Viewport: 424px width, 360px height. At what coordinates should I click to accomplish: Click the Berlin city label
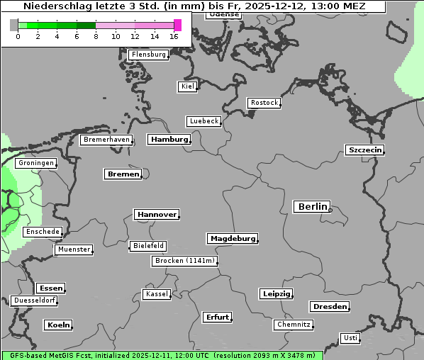click(x=312, y=207)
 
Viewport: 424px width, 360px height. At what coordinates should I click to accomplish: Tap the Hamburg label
click(x=169, y=140)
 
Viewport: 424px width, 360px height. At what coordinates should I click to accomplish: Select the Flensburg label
click(x=149, y=55)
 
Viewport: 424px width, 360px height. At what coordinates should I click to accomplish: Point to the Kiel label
click(x=187, y=86)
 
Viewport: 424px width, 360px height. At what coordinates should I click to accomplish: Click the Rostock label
click(x=264, y=103)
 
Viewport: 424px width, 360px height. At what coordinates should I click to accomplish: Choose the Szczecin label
click(x=364, y=150)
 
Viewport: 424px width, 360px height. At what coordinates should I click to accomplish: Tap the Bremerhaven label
click(x=106, y=140)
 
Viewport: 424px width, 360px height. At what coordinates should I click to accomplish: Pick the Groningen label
click(x=36, y=163)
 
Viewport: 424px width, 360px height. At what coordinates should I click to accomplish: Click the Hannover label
click(x=156, y=214)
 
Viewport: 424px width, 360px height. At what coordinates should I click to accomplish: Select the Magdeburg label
click(x=232, y=238)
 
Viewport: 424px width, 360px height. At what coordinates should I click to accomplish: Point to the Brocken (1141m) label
click(x=184, y=261)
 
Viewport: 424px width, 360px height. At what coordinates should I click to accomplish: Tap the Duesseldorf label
click(x=34, y=300)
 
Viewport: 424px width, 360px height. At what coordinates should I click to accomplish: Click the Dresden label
click(x=329, y=307)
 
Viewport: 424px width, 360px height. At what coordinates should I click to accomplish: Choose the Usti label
click(x=350, y=338)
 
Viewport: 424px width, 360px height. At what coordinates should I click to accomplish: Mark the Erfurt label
click(x=217, y=317)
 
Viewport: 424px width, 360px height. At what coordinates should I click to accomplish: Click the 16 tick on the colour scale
click(x=174, y=36)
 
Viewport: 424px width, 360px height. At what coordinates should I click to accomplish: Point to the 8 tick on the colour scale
click(x=96, y=36)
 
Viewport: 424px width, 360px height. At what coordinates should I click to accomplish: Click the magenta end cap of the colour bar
click(x=177, y=26)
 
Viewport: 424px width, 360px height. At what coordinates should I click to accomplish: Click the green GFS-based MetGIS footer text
click(x=162, y=355)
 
